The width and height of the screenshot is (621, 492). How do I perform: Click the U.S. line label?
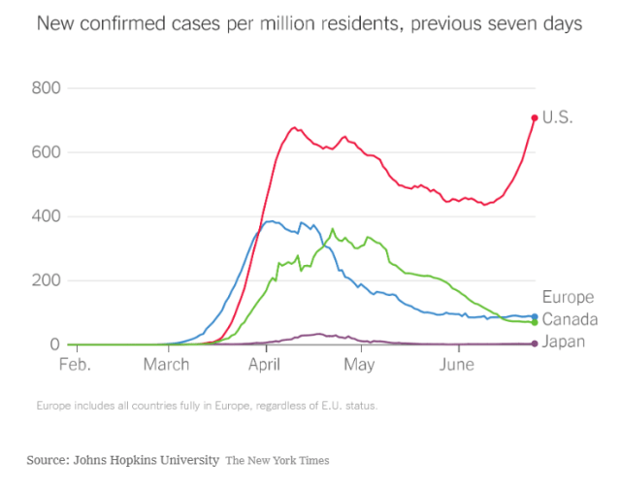pos(558,118)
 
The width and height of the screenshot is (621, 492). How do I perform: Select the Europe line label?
pos(568,297)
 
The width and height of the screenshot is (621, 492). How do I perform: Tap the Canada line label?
pos(570,319)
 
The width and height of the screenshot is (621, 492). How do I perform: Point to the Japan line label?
pos(565,342)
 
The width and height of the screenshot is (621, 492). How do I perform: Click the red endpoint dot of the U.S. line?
pos(534,118)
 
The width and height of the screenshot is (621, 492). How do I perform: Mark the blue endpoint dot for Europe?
pos(534,316)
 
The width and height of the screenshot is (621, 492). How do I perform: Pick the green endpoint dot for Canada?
pos(534,323)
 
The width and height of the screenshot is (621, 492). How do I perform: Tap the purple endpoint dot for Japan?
pos(534,344)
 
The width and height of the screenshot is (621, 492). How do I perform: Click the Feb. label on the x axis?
pos(75,366)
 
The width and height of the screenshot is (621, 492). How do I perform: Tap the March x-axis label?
pos(167,366)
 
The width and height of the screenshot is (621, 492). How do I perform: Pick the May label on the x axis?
pos(359,366)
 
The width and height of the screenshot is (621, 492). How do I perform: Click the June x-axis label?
pos(457,366)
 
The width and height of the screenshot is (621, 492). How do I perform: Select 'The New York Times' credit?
pos(278,460)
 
